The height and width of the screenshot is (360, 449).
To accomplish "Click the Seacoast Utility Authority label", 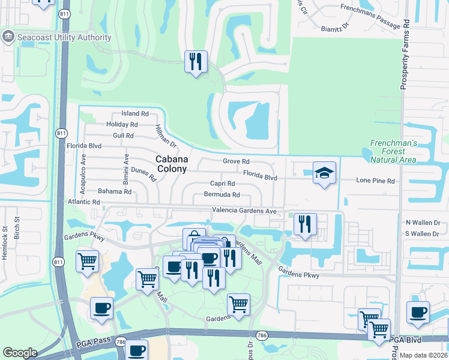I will (x=65, y=37).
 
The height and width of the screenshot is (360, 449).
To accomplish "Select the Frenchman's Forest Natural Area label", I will (x=393, y=151).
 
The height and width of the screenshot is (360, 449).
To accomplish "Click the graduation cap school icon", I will (x=324, y=173).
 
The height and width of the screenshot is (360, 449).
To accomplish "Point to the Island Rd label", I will (x=134, y=113).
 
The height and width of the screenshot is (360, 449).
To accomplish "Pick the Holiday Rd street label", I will (x=122, y=124).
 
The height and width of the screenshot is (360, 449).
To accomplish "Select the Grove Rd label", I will (x=236, y=162).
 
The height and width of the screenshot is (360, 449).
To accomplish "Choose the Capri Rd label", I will (x=221, y=184).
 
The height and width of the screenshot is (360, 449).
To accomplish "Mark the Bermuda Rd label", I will (x=221, y=195).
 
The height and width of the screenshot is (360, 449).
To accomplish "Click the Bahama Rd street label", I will (x=115, y=191).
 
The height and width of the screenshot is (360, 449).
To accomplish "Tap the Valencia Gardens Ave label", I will (x=244, y=211).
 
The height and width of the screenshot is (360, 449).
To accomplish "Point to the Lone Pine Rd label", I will (x=375, y=181).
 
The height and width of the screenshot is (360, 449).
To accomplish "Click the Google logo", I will (x=20, y=353).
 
